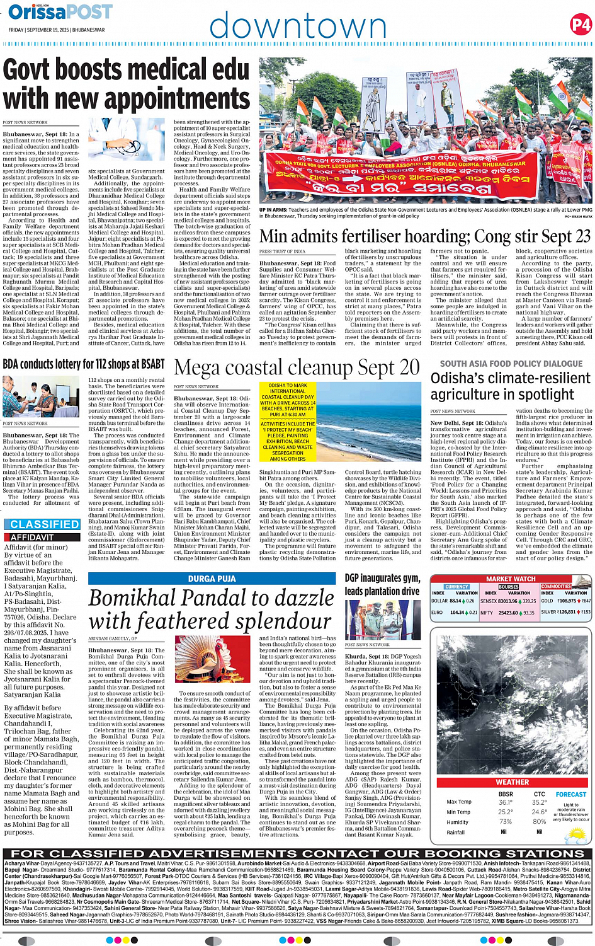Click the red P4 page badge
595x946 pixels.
[x=581, y=25]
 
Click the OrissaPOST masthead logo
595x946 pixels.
[x=60, y=11]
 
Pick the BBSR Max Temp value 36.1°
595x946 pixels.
[x=505, y=802]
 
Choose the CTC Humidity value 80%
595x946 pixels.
[x=539, y=821]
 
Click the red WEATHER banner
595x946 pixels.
[x=512, y=782]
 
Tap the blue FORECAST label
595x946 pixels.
[x=571, y=794]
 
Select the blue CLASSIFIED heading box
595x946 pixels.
[x=44, y=524]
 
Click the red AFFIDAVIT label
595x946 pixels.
[x=32, y=538]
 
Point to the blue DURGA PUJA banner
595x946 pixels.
[x=212, y=579]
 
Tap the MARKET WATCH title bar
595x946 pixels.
[x=511, y=579]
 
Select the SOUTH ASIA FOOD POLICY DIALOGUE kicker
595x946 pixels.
[x=511, y=364]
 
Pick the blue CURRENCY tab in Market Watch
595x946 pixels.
[x=456, y=586]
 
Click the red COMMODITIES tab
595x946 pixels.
[x=556, y=586]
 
